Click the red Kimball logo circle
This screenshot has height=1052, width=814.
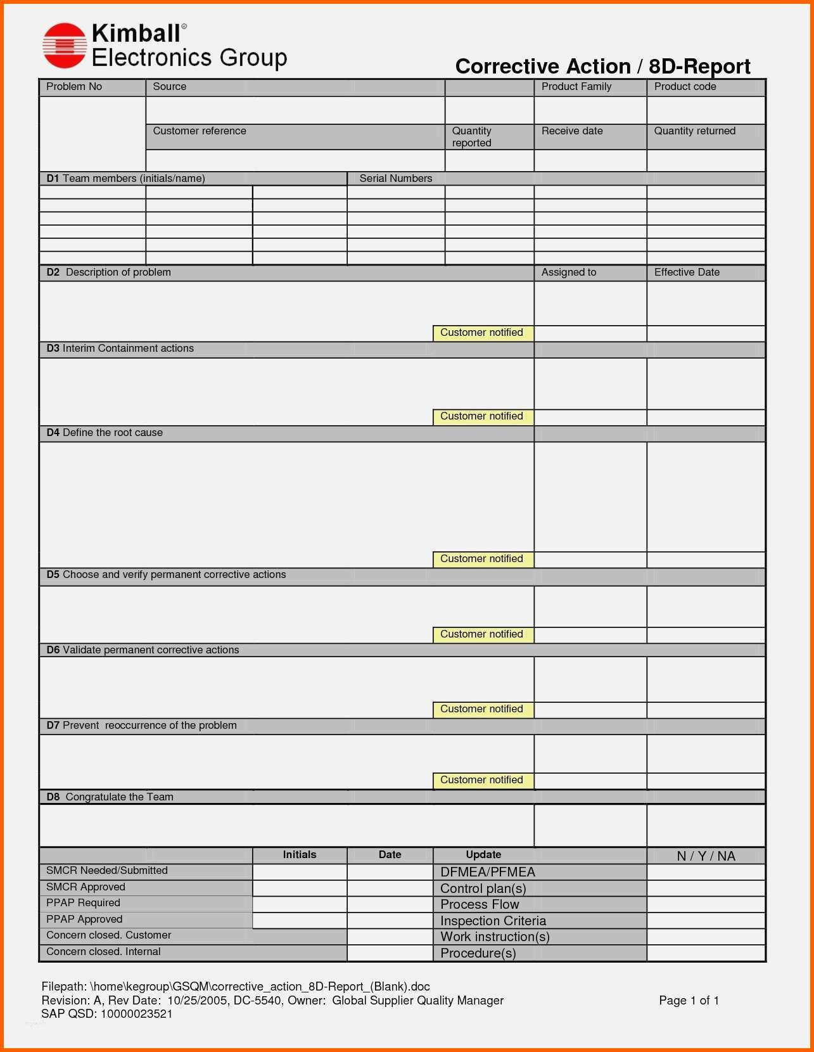pos(64,46)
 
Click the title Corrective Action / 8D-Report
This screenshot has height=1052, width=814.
pos(602,67)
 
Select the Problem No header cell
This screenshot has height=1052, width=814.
pos(74,87)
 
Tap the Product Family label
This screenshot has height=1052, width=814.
pos(576,87)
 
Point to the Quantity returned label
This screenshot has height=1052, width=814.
pos(694,131)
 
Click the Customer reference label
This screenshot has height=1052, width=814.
pos(200,131)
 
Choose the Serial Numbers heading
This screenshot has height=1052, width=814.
pos(395,179)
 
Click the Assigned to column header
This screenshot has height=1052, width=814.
pos(568,273)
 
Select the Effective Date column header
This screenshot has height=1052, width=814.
pos(687,273)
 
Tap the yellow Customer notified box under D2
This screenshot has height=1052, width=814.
pos(482,333)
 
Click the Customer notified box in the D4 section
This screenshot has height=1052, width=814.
pos(482,559)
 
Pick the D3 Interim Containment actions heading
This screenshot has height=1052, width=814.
pos(120,349)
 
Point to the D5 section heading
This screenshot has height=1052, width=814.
pos(166,575)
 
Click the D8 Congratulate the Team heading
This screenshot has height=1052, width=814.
pos(110,797)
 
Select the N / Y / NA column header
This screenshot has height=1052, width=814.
pos(706,856)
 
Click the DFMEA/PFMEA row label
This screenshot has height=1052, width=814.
pos(488,872)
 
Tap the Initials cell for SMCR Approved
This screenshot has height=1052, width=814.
pos(300,887)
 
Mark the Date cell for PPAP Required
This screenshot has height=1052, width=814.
pos(390,904)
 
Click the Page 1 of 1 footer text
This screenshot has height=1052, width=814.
pos(689,1001)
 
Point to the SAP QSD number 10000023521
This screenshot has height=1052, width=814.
pos(136,1014)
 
